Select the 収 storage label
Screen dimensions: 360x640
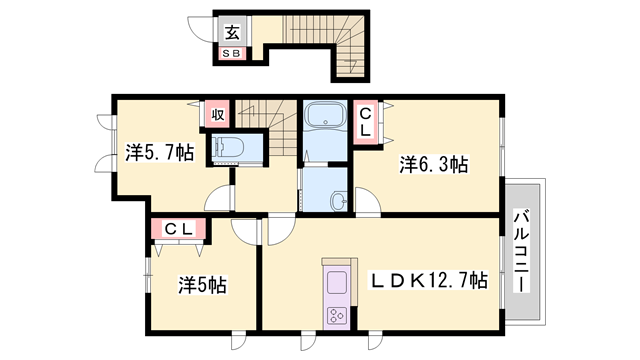click(x=217, y=113)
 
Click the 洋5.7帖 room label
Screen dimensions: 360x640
click(x=160, y=154)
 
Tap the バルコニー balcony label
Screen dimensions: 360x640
click(x=521, y=250)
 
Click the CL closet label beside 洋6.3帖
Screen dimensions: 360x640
click(x=365, y=122)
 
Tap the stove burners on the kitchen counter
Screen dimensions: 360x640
click(x=334, y=317)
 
